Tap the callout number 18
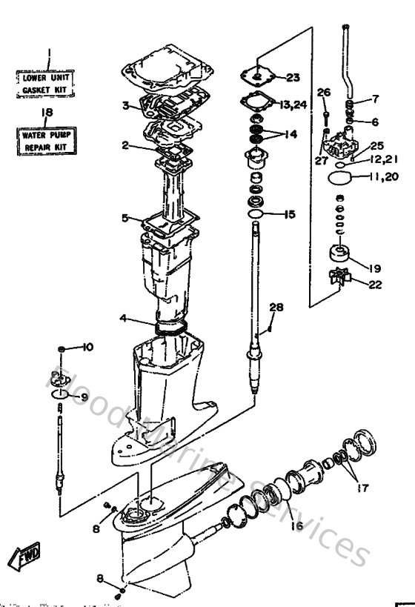click(47, 112)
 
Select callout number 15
click(289, 214)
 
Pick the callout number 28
click(276, 307)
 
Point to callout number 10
click(87, 347)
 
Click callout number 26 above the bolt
click(322, 93)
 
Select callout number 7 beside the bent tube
click(375, 99)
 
